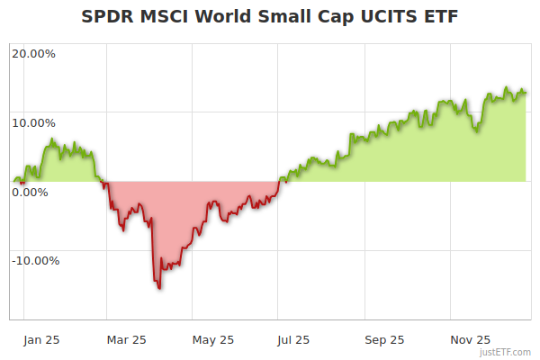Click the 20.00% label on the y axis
33,53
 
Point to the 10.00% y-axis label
33,122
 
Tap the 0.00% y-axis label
30,192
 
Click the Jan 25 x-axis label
40,340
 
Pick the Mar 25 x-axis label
126,340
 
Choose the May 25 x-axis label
213,340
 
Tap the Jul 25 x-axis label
293,340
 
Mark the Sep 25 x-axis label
383,340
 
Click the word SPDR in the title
105,17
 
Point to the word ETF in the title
442,17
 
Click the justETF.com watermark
506,352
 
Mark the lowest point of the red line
159,289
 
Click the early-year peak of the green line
51,139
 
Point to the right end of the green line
526,92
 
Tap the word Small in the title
281,17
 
